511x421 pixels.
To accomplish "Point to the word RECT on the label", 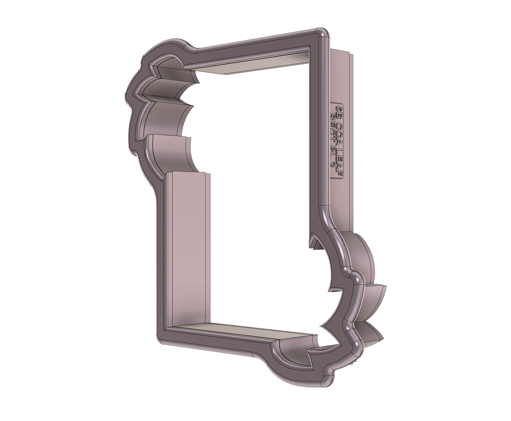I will tap(333, 123).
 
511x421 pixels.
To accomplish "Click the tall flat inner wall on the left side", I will tap(187, 251).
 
